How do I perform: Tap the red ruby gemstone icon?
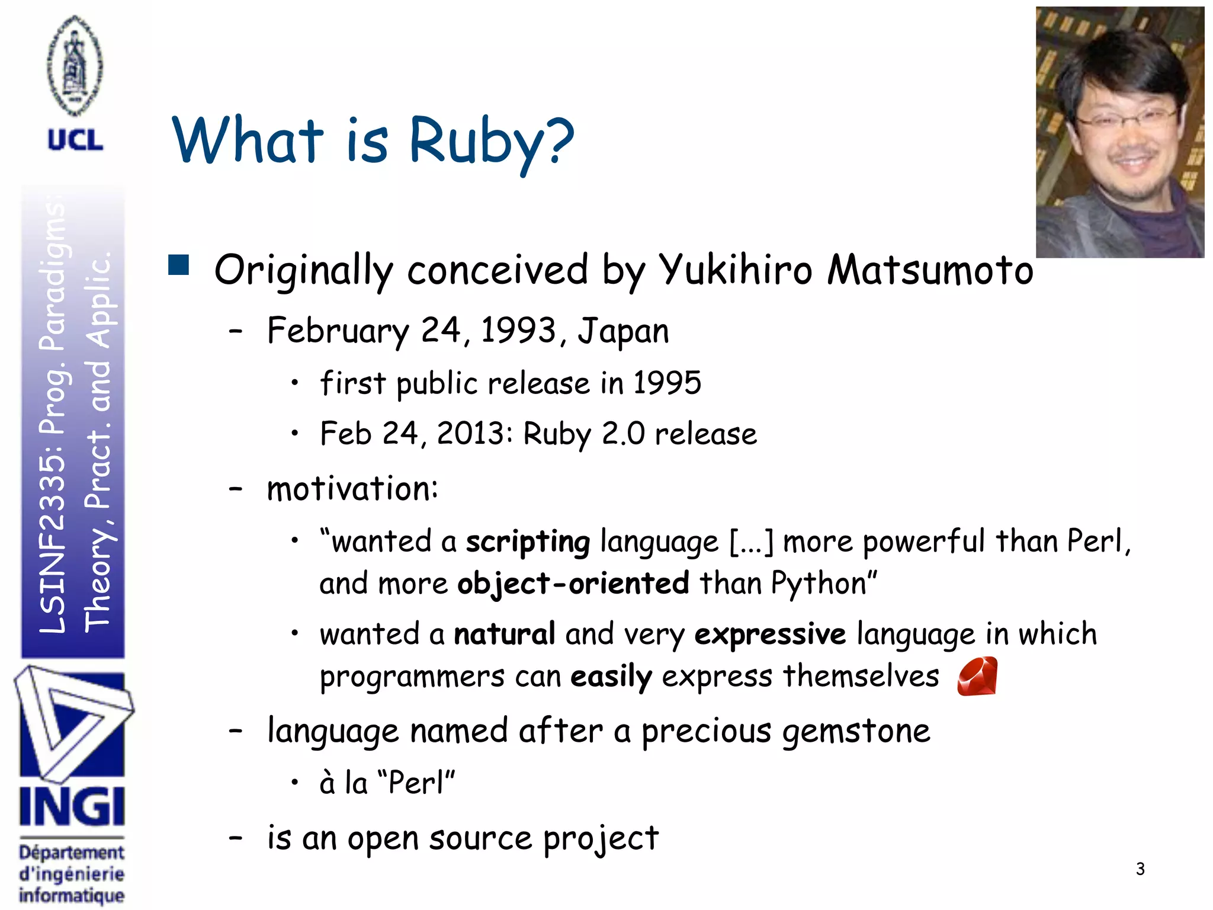click(977, 676)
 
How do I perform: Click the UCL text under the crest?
click(75, 140)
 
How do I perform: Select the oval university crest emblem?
click(75, 65)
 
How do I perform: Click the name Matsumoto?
click(930, 270)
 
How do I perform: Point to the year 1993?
click(518, 330)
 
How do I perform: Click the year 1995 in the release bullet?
click(667, 383)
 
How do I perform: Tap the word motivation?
click(352, 489)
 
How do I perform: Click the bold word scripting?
click(528, 541)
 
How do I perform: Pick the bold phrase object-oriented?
click(573, 584)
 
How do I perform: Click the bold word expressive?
click(770, 635)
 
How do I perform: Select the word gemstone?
click(856, 731)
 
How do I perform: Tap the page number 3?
click(1140, 869)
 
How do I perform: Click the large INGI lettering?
click(72, 807)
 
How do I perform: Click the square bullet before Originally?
click(178, 265)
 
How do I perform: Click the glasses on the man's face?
click(1125, 120)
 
